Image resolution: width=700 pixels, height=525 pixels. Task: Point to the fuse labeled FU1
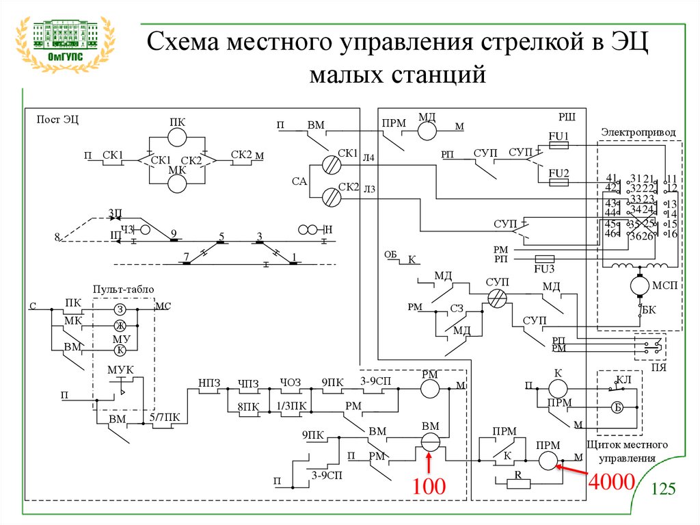click(558, 144)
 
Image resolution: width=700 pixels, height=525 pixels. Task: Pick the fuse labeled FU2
click(558, 182)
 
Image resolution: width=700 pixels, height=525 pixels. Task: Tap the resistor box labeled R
click(517, 483)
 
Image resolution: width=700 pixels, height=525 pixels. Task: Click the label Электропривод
click(638, 131)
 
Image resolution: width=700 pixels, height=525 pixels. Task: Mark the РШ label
click(567, 118)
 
